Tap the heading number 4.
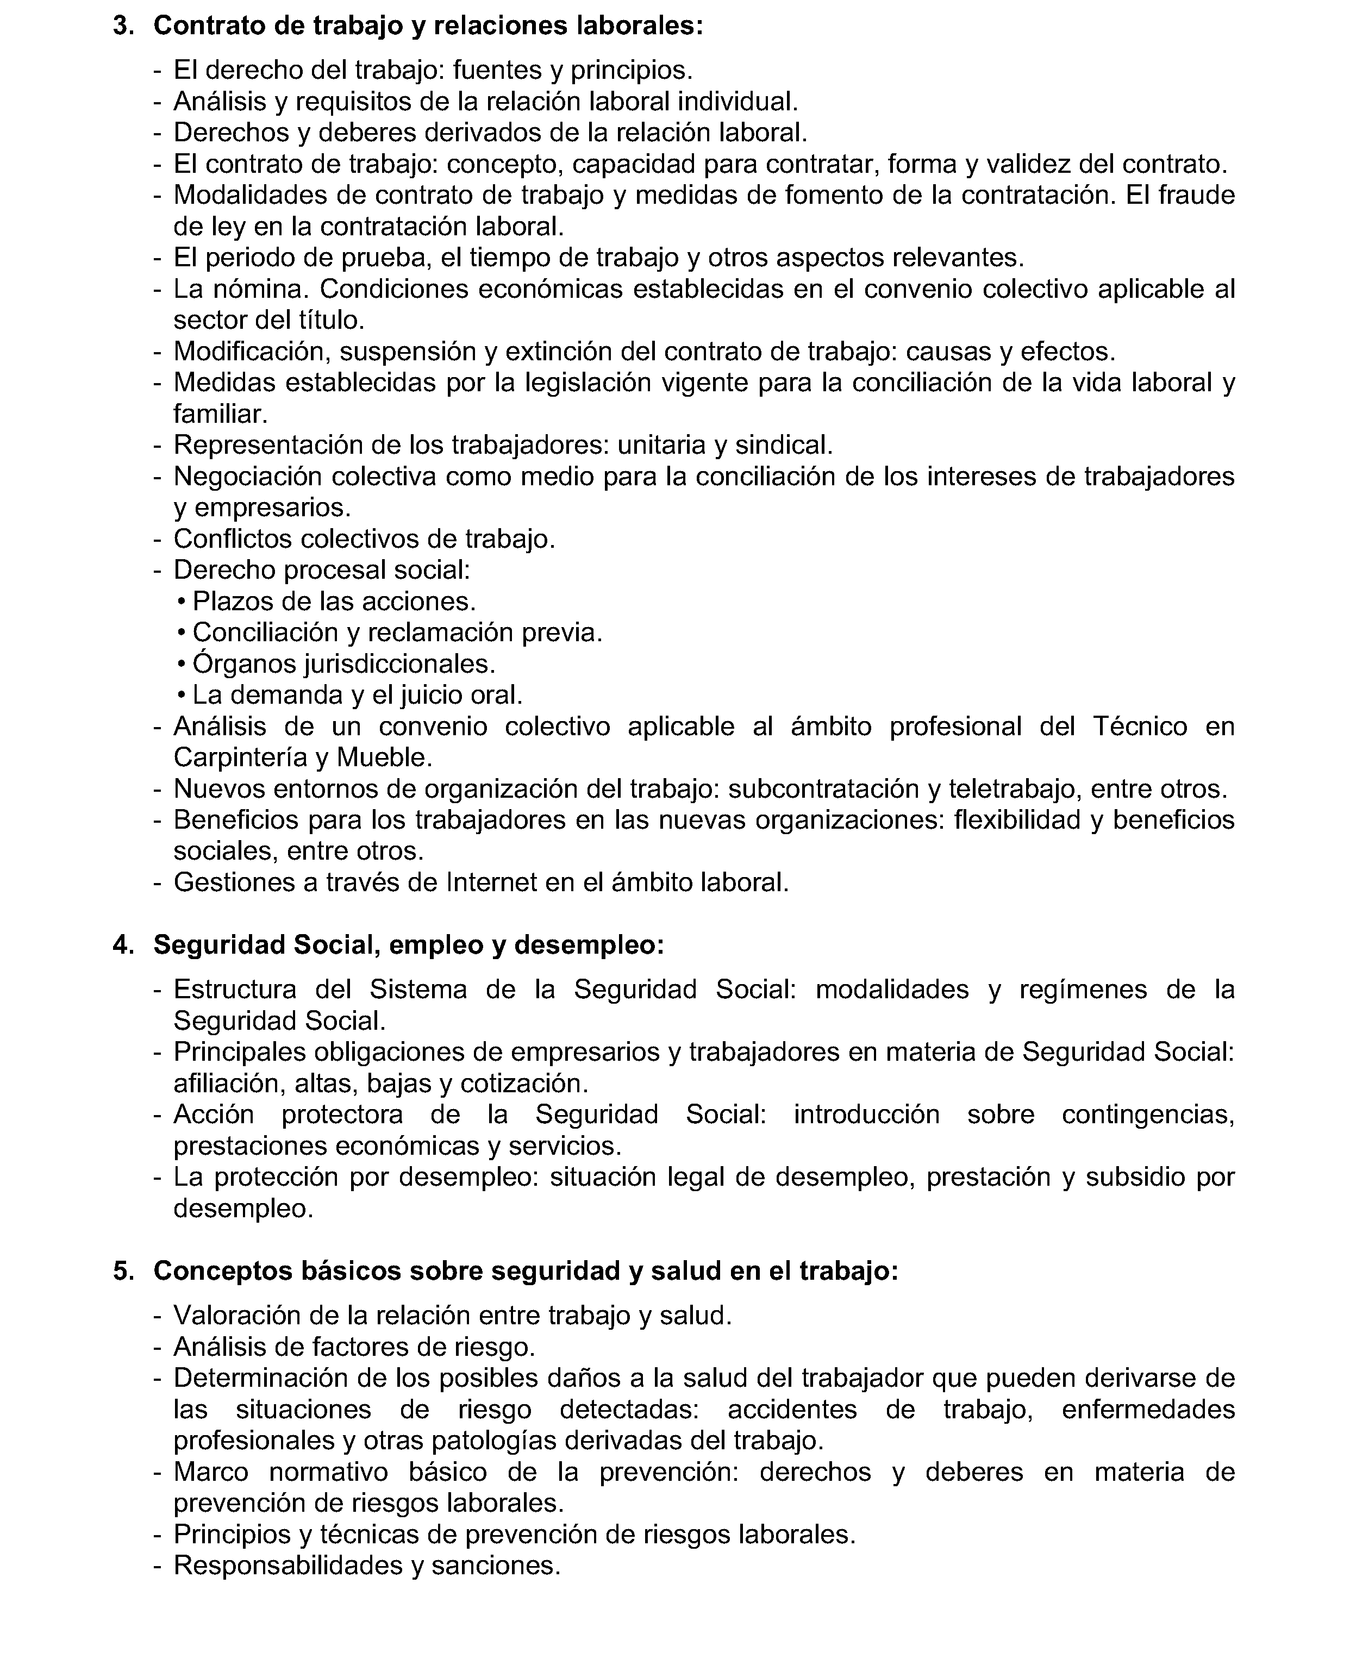click(123, 945)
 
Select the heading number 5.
click(123, 1270)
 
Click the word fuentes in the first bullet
click(498, 71)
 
